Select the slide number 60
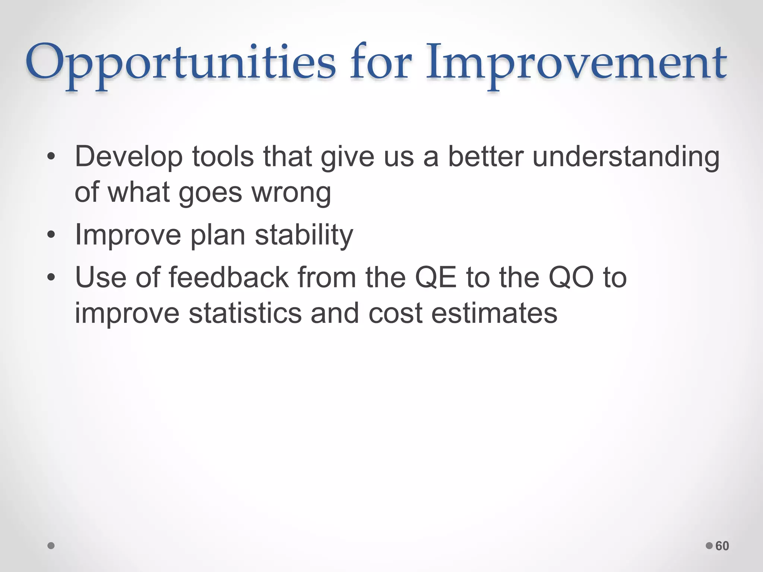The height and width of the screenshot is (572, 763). tap(722, 546)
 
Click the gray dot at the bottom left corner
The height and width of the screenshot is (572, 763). tap(51, 546)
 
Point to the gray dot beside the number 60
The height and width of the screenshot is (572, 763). tap(709, 546)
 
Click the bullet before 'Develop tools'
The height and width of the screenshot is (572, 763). tap(51, 157)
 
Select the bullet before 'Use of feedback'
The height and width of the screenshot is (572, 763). tap(51, 277)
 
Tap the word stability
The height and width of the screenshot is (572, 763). tap(304, 235)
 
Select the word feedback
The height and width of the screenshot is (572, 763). tap(229, 277)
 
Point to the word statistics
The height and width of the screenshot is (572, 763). tap(245, 313)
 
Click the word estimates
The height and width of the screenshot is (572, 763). tap(494, 313)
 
